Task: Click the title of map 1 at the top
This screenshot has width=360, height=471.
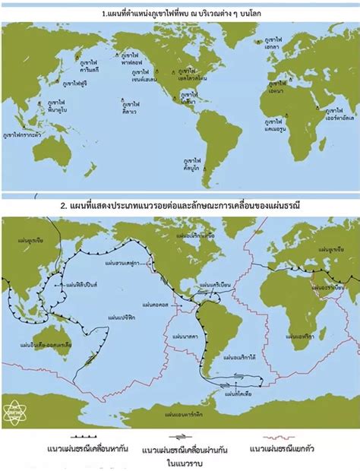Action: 180,14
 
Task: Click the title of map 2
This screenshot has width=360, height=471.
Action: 180,205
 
